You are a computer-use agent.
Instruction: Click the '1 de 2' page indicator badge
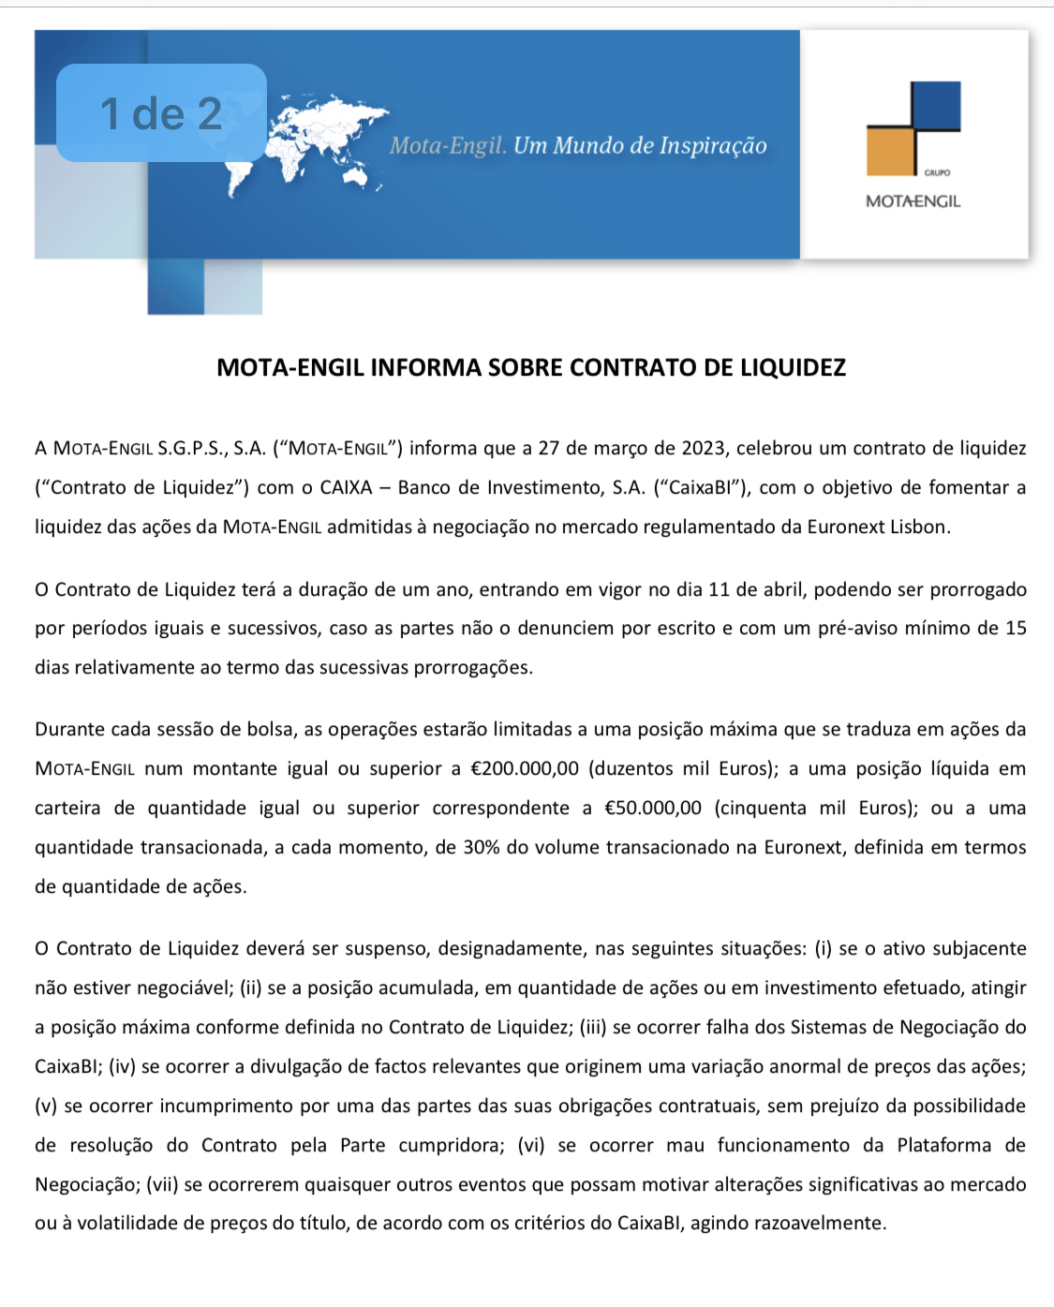coord(161,113)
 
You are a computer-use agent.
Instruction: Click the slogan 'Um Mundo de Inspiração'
coord(640,146)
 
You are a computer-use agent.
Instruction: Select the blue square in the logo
coord(935,105)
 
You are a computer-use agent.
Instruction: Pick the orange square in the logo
coord(889,152)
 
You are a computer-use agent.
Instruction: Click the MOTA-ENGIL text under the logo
coord(913,201)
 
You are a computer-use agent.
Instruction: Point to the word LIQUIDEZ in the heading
coord(793,367)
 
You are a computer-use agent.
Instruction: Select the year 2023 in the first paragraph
coord(703,448)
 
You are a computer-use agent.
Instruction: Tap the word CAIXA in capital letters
coord(346,487)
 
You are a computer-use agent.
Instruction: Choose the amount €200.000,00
coord(524,768)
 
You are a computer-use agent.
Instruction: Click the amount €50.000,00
coord(653,808)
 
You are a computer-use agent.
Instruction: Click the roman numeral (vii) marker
coord(162,1184)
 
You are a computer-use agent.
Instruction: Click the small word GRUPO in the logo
coord(936,173)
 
